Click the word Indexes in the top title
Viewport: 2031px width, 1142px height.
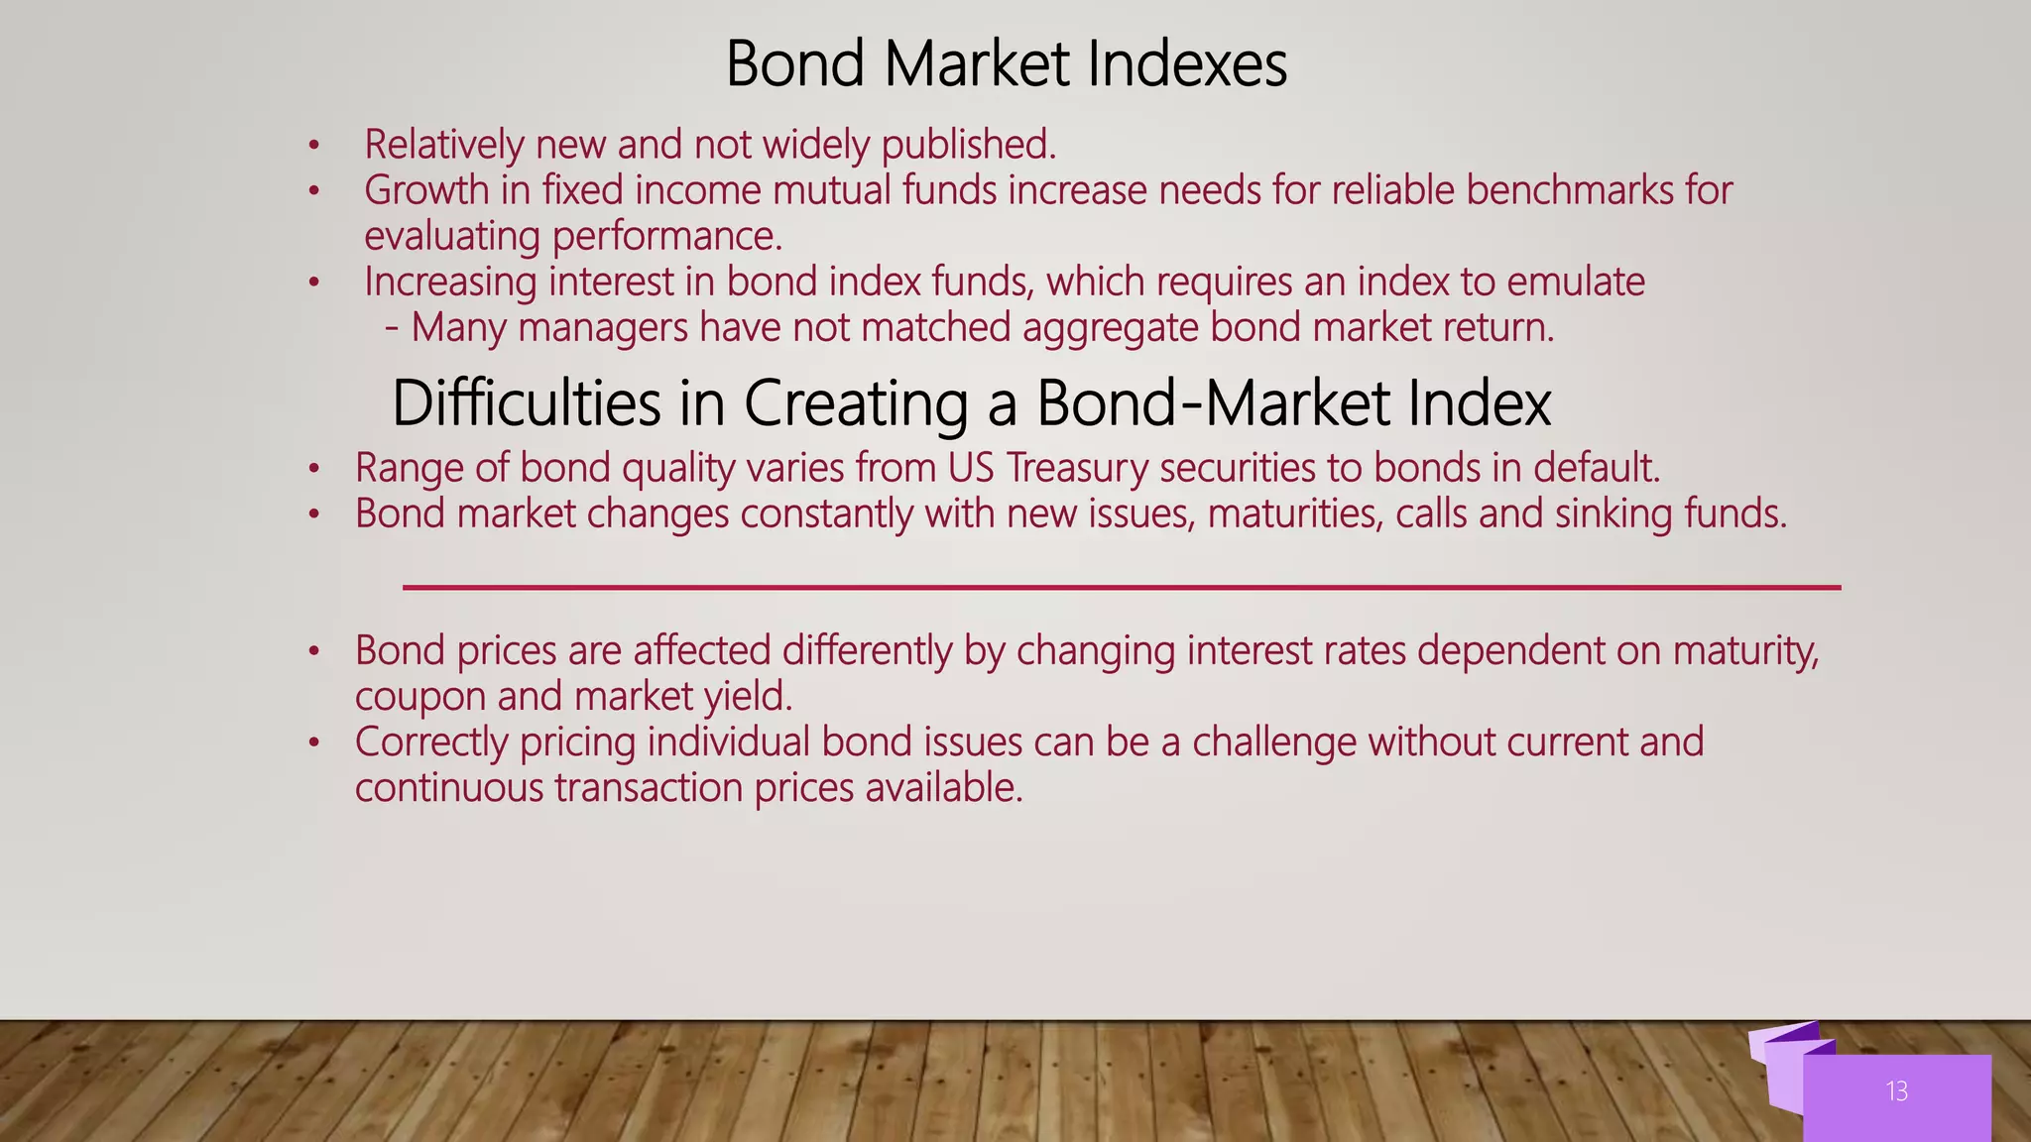tap(1187, 64)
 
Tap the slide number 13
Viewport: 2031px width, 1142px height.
tap(1896, 1091)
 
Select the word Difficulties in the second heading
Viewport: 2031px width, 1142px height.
tap(526, 403)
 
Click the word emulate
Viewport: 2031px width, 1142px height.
tap(1575, 283)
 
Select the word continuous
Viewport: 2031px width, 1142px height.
tap(449, 788)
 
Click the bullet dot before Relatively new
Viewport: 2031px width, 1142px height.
tap(313, 147)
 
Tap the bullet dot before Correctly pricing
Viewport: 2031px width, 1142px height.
tap(313, 742)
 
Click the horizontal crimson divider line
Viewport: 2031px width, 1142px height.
tap(1121, 588)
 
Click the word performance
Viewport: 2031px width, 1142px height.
tap(666, 237)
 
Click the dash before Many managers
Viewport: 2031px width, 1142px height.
tap(393, 328)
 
